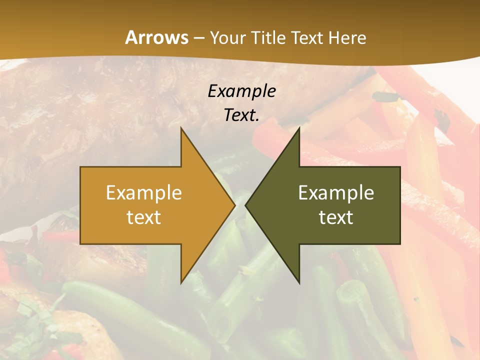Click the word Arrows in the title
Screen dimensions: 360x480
(x=156, y=37)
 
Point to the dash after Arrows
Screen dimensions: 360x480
(x=198, y=38)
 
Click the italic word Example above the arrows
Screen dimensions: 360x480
(x=241, y=91)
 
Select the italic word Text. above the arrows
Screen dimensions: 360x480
(x=241, y=115)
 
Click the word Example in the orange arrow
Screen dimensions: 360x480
(x=143, y=192)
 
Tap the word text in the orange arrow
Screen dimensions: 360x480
(x=143, y=217)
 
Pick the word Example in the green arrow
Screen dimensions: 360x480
(x=336, y=192)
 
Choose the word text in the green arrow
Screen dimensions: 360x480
(x=336, y=217)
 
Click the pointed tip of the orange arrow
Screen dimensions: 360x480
(x=235, y=205)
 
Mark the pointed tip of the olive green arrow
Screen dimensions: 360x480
(x=245, y=205)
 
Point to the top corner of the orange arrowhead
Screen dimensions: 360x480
(x=181, y=127)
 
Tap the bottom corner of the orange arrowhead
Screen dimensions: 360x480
(x=181, y=283)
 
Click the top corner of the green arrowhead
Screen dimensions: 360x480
(x=299, y=127)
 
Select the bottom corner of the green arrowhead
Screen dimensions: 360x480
(x=299, y=283)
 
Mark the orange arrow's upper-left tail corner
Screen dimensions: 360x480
(x=80, y=167)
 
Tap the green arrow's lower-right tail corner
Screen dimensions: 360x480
(x=400, y=244)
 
